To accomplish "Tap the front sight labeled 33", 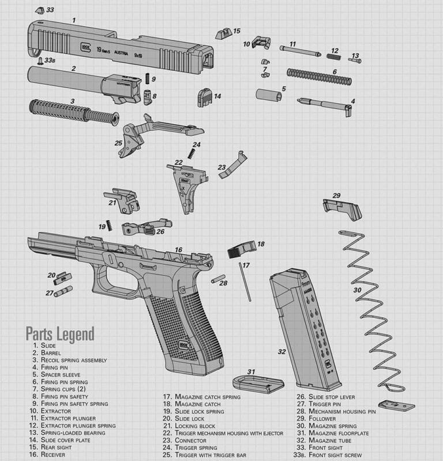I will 39,10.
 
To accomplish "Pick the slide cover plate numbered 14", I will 205,97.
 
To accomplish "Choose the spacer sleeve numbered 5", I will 269,95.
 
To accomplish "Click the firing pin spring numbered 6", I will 318,76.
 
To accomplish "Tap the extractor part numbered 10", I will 262,42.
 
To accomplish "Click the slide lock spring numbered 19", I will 108,226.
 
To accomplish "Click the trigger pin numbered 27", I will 63,291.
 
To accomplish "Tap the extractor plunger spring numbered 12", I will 333,56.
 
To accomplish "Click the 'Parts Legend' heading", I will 59,333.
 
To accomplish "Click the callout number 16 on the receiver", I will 179,250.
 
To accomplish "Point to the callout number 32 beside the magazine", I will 281,351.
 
